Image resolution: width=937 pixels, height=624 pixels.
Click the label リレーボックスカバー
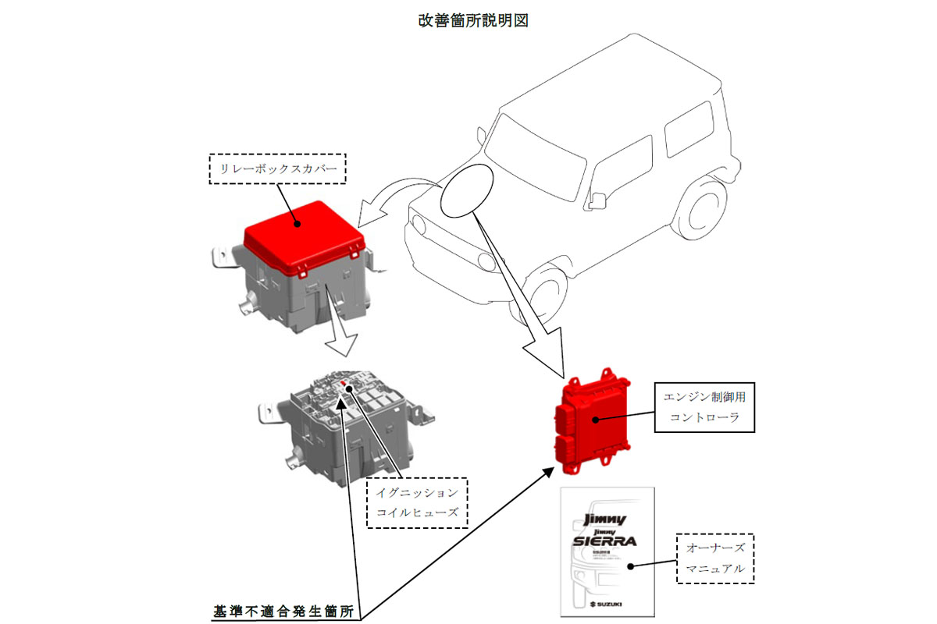277,168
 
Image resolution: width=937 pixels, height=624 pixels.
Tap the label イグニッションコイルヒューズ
417,502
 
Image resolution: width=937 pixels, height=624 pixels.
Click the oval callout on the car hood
466,190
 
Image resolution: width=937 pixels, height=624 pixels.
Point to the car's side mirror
597,199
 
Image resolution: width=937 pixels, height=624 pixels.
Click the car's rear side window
689,133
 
